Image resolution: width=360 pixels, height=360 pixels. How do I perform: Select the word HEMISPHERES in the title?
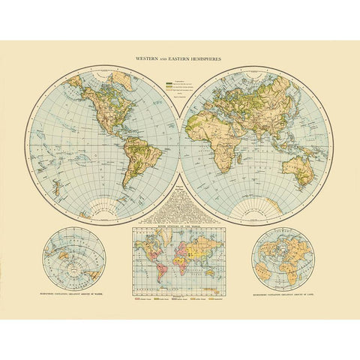pos(211,57)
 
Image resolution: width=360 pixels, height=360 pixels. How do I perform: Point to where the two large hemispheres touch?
pos(180,142)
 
